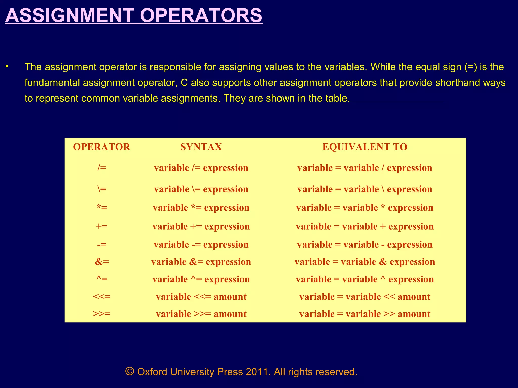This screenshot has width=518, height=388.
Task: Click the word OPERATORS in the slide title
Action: pyautogui.click(x=201, y=16)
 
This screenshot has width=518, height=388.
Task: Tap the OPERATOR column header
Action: pyautogui.click(x=102, y=147)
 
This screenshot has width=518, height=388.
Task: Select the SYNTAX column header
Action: pyautogui.click(x=201, y=147)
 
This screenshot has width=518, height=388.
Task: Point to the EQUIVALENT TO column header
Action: pyautogui.click(x=365, y=147)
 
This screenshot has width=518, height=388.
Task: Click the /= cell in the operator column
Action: pyautogui.click(x=102, y=168)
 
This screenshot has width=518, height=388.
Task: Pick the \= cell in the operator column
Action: pyautogui.click(x=102, y=189)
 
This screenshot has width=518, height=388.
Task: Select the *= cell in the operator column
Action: pyautogui.click(x=102, y=208)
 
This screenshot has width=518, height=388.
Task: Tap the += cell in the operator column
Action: pyautogui.click(x=102, y=226)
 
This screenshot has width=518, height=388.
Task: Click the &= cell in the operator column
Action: pyautogui.click(x=102, y=262)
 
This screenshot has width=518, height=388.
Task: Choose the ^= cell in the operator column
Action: pyautogui.click(x=102, y=279)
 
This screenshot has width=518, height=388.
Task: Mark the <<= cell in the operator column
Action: pyautogui.click(x=102, y=297)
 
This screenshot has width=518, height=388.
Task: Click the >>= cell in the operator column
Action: pyautogui.click(x=102, y=314)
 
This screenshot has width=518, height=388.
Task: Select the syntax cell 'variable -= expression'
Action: pyautogui.click(x=201, y=245)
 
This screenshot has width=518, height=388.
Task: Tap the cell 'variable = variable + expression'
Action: pyautogui.click(x=365, y=226)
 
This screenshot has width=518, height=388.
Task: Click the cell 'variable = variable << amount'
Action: pyautogui.click(x=365, y=297)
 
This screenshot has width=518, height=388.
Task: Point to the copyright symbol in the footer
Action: pyautogui.click(x=130, y=372)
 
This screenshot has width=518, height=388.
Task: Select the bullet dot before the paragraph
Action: pyautogui.click(x=7, y=67)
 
